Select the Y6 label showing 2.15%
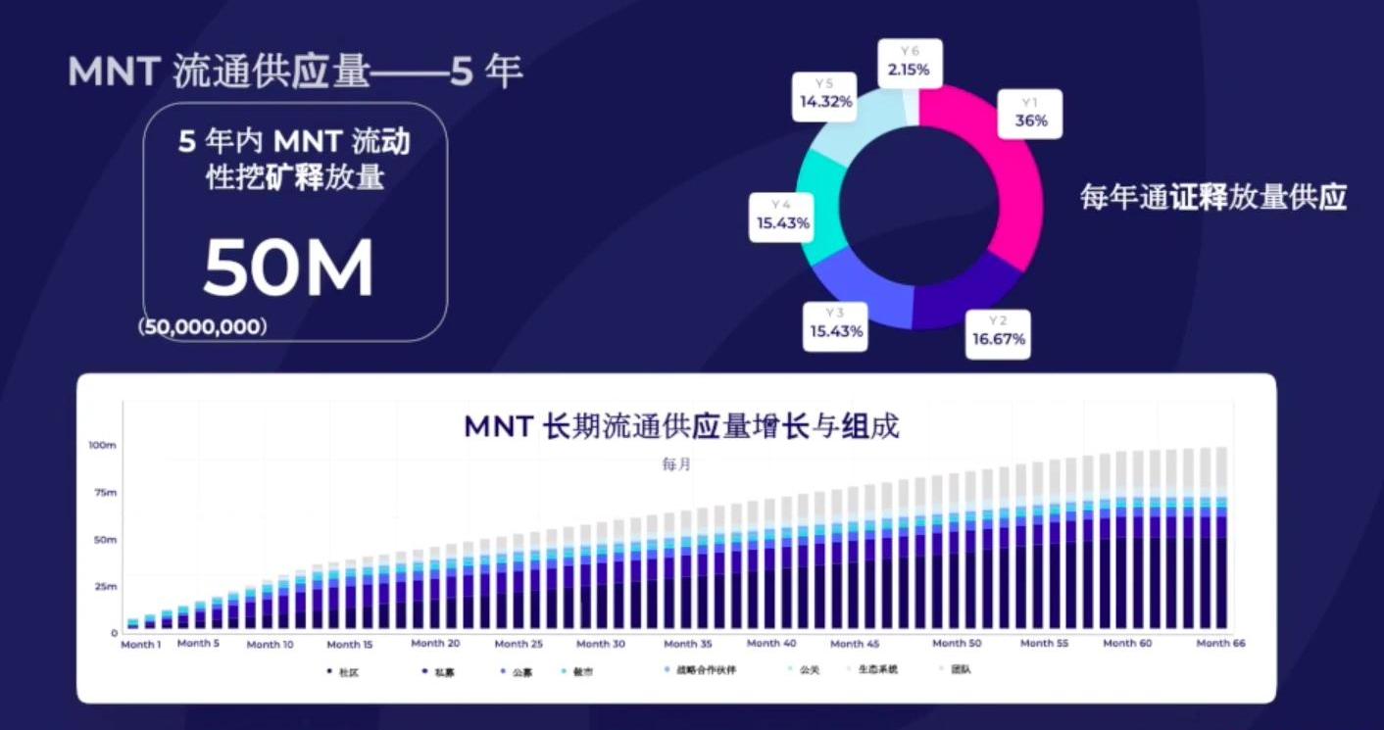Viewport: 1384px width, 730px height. pos(908,63)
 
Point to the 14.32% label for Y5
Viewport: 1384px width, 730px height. pos(825,94)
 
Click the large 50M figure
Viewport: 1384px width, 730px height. pos(288,268)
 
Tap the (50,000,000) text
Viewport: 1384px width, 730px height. pos(203,327)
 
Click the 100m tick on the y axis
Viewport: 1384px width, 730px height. pos(103,446)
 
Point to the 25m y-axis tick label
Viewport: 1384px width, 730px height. pos(104,587)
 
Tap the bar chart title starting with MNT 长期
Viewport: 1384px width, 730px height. pos(681,427)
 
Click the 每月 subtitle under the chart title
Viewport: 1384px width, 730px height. pos(676,464)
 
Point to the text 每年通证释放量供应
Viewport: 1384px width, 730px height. pos(1213,198)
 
